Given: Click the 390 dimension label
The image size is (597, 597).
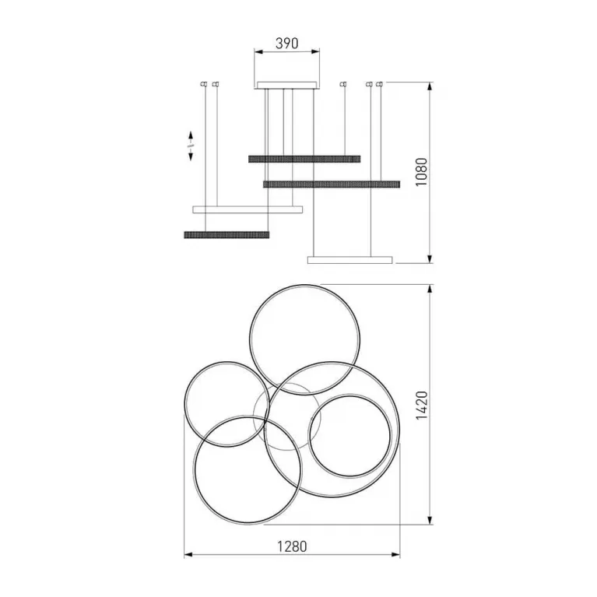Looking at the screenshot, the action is point(286,44).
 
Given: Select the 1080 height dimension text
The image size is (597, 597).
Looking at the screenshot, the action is point(422,172).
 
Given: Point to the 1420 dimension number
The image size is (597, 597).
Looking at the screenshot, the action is point(422,405).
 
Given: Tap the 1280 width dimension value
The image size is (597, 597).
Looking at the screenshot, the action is point(292,546).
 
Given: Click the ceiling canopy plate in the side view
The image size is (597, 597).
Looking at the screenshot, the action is point(286,85).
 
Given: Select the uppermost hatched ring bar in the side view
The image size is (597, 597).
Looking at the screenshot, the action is point(304,159).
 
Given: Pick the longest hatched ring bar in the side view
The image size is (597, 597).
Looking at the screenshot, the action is point(332,184).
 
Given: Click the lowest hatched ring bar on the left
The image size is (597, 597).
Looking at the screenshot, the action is point(227,234).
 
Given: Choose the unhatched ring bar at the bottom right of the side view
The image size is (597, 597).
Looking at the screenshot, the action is point(350,260).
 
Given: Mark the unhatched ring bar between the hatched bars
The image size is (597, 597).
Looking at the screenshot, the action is point(248,209).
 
